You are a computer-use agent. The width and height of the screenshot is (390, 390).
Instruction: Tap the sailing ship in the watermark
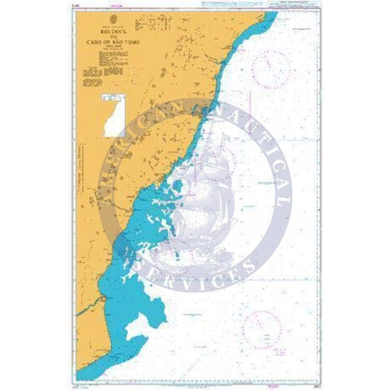201,198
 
